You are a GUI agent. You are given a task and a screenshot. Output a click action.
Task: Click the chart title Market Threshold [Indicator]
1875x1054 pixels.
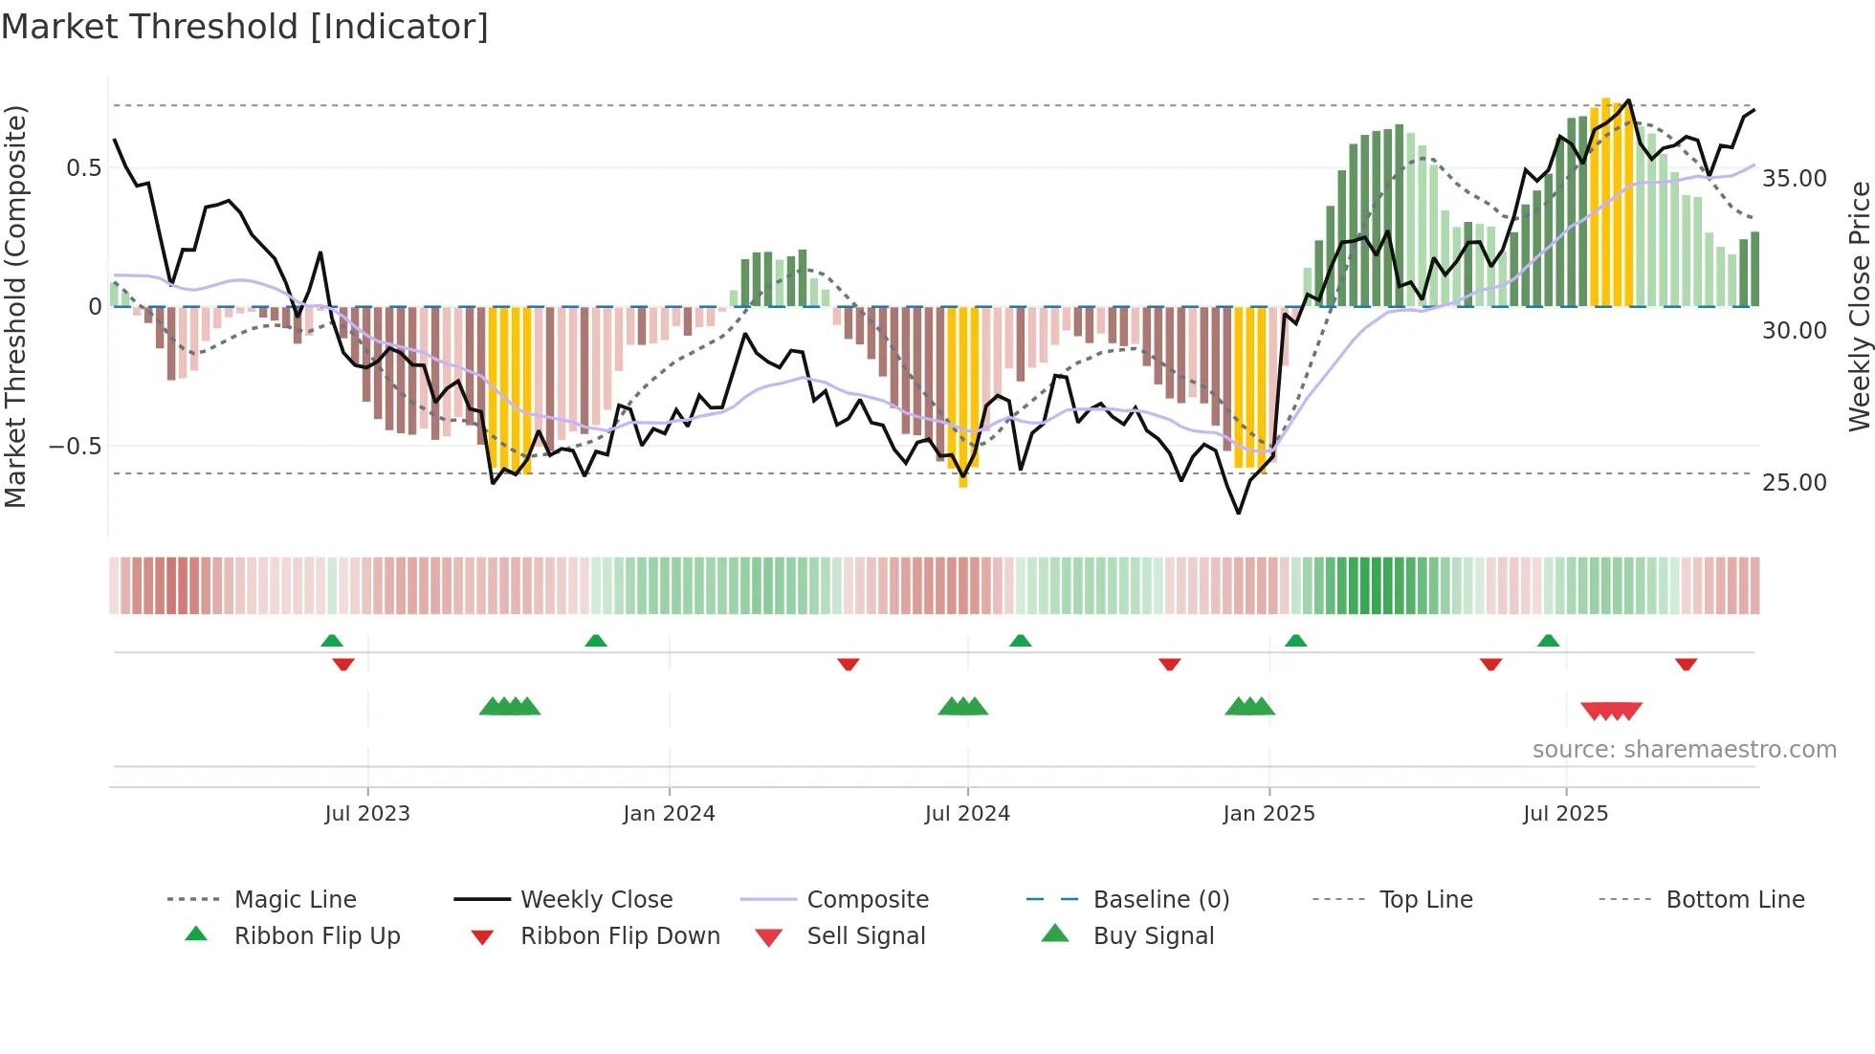tap(245, 27)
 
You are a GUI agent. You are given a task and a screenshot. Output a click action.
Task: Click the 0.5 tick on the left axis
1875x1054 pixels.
tap(84, 168)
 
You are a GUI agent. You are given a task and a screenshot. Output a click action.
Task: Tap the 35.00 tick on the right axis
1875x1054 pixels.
tap(1795, 179)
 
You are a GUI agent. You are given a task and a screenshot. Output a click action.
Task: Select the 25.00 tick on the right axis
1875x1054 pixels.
tap(1795, 483)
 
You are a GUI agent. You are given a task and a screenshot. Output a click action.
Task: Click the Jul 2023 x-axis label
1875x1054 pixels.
tap(367, 814)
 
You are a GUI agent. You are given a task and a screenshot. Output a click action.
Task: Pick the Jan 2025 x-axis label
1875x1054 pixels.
tap(1268, 814)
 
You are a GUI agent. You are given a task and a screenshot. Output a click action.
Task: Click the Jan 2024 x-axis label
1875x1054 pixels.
tap(669, 814)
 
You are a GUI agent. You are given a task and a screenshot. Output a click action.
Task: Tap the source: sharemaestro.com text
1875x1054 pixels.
tap(1684, 750)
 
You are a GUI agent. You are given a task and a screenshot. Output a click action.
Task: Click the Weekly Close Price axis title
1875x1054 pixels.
tap(1859, 306)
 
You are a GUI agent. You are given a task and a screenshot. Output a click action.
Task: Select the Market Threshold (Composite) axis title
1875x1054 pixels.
tap(15, 306)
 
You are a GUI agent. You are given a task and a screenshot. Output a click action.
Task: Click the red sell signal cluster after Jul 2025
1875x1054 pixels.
tap(1612, 711)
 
